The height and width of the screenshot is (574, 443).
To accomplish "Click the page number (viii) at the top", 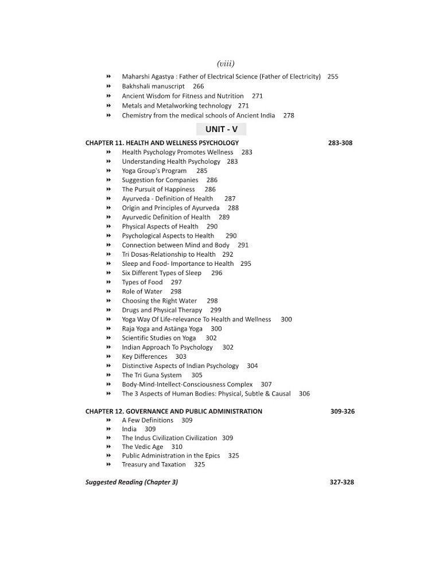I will pyautogui.click(x=226, y=63).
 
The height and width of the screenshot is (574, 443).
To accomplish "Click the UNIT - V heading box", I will pyautogui.click(x=221, y=130).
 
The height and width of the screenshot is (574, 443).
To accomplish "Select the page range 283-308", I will pyautogui.click(x=340, y=143).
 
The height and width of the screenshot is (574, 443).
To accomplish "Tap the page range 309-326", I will pyautogui.click(x=342, y=411).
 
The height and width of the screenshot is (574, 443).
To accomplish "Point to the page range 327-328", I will pyautogui.click(x=341, y=482).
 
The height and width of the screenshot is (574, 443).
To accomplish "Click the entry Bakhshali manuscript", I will pyautogui.click(x=153, y=86).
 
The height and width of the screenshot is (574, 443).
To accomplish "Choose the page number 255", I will pyautogui.click(x=333, y=77).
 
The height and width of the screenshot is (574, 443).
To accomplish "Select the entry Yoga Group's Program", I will pyautogui.click(x=154, y=170).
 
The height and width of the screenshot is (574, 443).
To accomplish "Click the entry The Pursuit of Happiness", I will pyautogui.click(x=158, y=189).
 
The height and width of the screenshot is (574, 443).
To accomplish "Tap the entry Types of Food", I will pyautogui.click(x=142, y=282).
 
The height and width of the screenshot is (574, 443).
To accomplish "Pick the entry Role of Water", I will pyautogui.click(x=142, y=292).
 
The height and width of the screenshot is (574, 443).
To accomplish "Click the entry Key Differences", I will pyautogui.click(x=144, y=356).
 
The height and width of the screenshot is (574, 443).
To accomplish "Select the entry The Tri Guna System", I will pyautogui.click(x=151, y=375).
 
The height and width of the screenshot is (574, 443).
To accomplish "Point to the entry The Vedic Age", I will pyautogui.click(x=142, y=447).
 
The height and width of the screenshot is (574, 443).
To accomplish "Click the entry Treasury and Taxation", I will pyautogui.click(x=154, y=464).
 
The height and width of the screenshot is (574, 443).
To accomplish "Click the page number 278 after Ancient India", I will pyautogui.click(x=289, y=115).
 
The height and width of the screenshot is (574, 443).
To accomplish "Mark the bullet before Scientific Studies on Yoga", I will pyautogui.click(x=108, y=338).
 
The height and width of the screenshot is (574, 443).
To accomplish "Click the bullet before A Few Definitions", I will pyautogui.click(x=108, y=420).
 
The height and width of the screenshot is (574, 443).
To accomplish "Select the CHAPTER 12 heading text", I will pyautogui.click(x=174, y=411).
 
